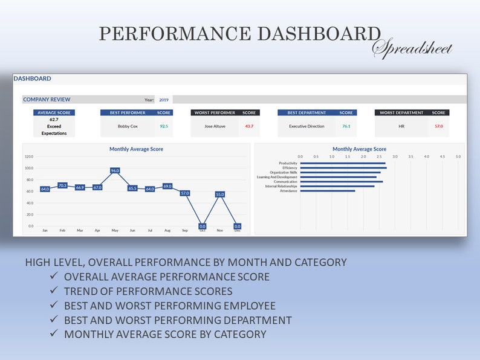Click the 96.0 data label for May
115,171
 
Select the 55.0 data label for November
220,194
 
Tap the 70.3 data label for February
62,185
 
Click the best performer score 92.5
164,126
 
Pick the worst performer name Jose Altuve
215,126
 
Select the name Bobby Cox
128,126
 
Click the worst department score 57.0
439,126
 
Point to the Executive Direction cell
306,126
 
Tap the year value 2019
164,100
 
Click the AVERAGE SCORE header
54,112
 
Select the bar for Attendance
327,191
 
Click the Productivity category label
288,163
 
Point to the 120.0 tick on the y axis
29,156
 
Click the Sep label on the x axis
185,230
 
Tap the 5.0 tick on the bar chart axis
458,156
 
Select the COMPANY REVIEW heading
47,100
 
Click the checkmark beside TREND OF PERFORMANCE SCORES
54,291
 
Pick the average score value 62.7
54,120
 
